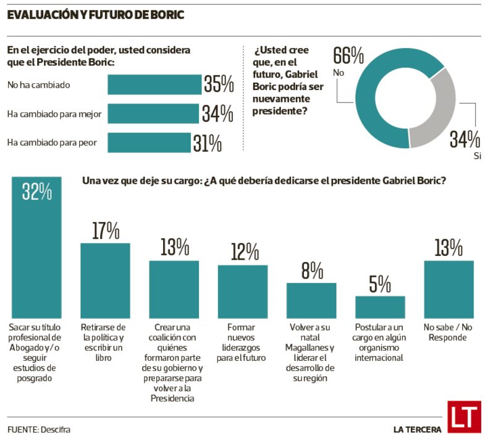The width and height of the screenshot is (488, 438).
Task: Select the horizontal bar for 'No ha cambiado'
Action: pyautogui.click(x=154, y=85)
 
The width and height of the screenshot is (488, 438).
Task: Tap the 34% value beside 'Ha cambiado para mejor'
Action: pyautogui.click(x=217, y=114)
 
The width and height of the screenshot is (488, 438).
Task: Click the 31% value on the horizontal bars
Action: pyautogui.click(x=207, y=143)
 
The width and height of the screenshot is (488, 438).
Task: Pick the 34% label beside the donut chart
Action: pyautogui.click(x=465, y=139)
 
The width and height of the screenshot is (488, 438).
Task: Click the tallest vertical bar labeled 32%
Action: pyautogui.click(x=36, y=247)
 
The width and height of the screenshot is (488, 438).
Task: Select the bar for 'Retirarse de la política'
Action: pyautogui.click(x=105, y=279)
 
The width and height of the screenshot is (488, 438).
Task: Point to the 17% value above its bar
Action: pyautogui.click(x=105, y=231)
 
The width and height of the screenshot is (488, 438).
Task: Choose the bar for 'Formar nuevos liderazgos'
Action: pyautogui.click(x=242, y=291)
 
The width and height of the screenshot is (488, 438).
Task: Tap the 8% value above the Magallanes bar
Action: pyautogui.click(x=311, y=271)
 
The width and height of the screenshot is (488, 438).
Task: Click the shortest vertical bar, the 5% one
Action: pyautogui.click(x=380, y=306)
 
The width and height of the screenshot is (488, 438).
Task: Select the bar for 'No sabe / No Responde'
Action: pyautogui.click(x=448, y=288)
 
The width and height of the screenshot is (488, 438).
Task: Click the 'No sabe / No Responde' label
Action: pyautogui.click(x=448, y=333)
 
